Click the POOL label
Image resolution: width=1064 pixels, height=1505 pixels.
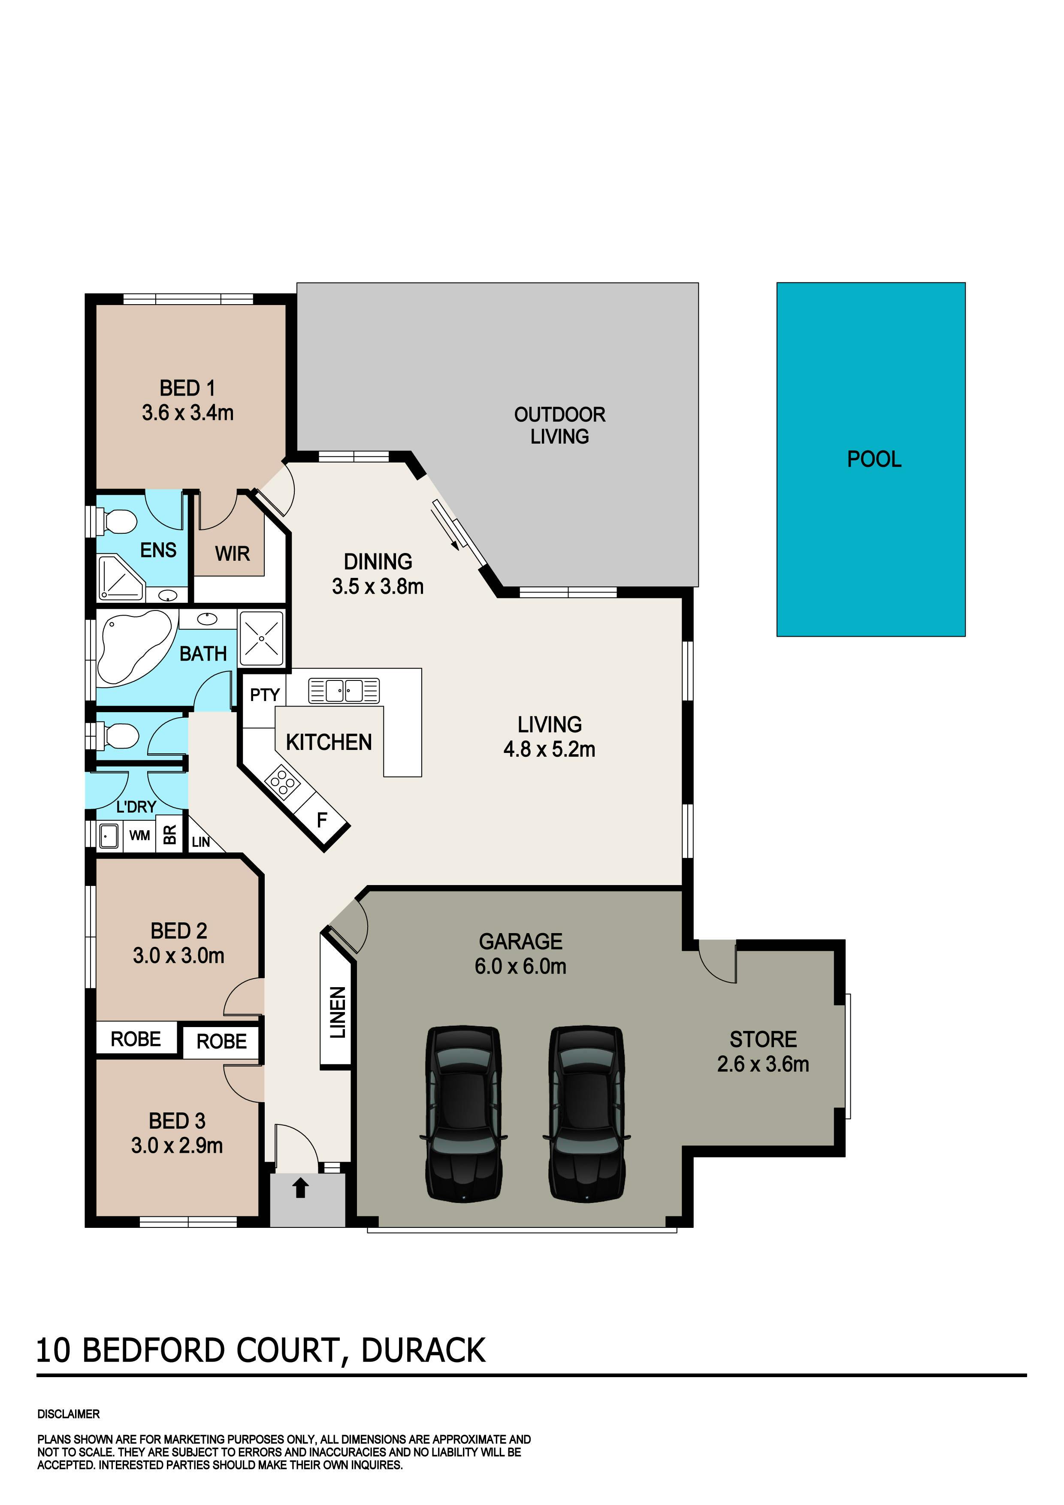(x=874, y=459)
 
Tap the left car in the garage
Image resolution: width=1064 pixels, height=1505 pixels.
(x=463, y=1114)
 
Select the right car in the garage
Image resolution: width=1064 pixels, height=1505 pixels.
(x=586, y=1114)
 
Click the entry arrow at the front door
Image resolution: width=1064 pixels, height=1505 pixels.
(x=300, y=1188)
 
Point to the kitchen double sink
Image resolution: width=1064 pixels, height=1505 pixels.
(x=344, y=690)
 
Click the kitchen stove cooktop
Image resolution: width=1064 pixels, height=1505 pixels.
(x=283, y=781)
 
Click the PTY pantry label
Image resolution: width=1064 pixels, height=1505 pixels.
(x=265, y=695)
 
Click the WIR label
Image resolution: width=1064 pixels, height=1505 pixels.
(x=232, y=554)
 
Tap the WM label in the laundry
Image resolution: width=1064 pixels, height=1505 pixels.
(x=139, y=836)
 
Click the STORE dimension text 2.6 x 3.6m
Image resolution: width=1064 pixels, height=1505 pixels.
(x=763, y=1064)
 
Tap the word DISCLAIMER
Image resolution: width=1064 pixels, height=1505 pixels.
(x=69, y=1414)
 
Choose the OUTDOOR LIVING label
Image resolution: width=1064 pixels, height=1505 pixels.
(x=560, y=426)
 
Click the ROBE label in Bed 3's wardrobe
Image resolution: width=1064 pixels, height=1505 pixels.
(x=221, y=1042)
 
